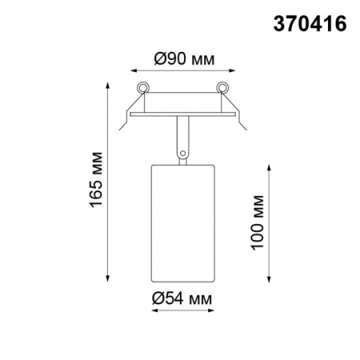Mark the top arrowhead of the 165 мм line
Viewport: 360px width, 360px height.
click(x=110, y=82)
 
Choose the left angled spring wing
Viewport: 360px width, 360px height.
click(x=129, y=116)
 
